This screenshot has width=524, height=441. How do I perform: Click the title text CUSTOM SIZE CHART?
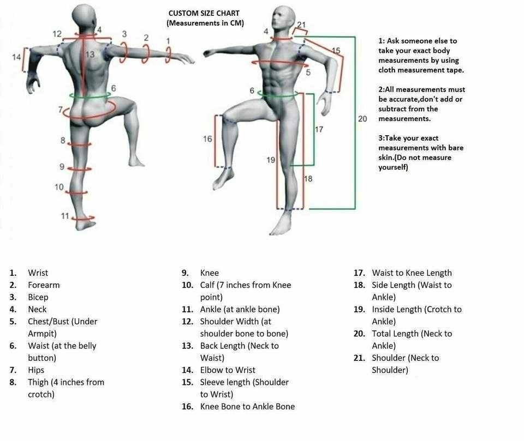click(x=204, y=13)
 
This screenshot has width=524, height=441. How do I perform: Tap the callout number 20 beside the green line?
click(x=362, y=118)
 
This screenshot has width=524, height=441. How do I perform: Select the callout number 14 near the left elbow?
click(x=16, y=56)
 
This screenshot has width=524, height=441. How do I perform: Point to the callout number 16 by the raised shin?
click(x=207, y=139)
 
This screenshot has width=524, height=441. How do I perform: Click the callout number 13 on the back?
click(x=90, y=54)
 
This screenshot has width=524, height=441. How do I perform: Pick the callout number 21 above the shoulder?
click(x=302, y=25)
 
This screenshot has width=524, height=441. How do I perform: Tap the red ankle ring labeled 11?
click(x=84, y=218)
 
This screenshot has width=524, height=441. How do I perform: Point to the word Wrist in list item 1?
click(x=38, y=273)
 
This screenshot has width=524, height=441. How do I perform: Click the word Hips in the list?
click(x=36, y=370)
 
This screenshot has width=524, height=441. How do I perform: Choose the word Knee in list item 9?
click(x=210, y=273)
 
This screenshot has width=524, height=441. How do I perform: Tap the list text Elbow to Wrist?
click(x=228, y=370)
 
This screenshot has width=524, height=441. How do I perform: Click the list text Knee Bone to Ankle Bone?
click(x=247, y=407)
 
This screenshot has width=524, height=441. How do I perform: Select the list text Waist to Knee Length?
click(x=412, y=273)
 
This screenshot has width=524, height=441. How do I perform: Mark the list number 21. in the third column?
click(x=359, y=358)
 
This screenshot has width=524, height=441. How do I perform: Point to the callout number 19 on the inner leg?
click(x=271, y=160)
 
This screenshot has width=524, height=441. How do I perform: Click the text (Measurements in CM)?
click(x=205, y=23)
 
